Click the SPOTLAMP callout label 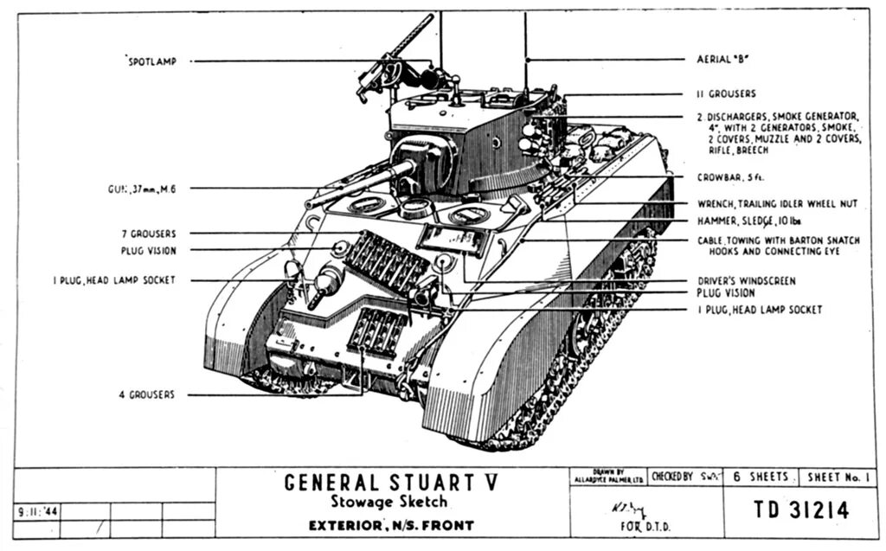click(x=152, y=61)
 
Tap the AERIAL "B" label click(x=722, y=61)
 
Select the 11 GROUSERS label click(x=725, y=93)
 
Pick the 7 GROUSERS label click(x=148, y=234)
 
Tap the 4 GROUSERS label click(x=146, y=394)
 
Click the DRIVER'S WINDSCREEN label click(x=746, y=281)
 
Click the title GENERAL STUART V click(x=391, y=483)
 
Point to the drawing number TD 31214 click(x=800, y=510)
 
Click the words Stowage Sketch click(x=391, y=503)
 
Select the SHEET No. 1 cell click(x=839, y=477)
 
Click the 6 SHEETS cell click(x=761, y=477)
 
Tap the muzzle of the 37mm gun click(x=309, y=204)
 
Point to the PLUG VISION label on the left click(x=149, y=251)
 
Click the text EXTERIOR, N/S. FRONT click(x=391, y=525)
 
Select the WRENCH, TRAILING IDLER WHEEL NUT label click(x=777, y=204)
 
